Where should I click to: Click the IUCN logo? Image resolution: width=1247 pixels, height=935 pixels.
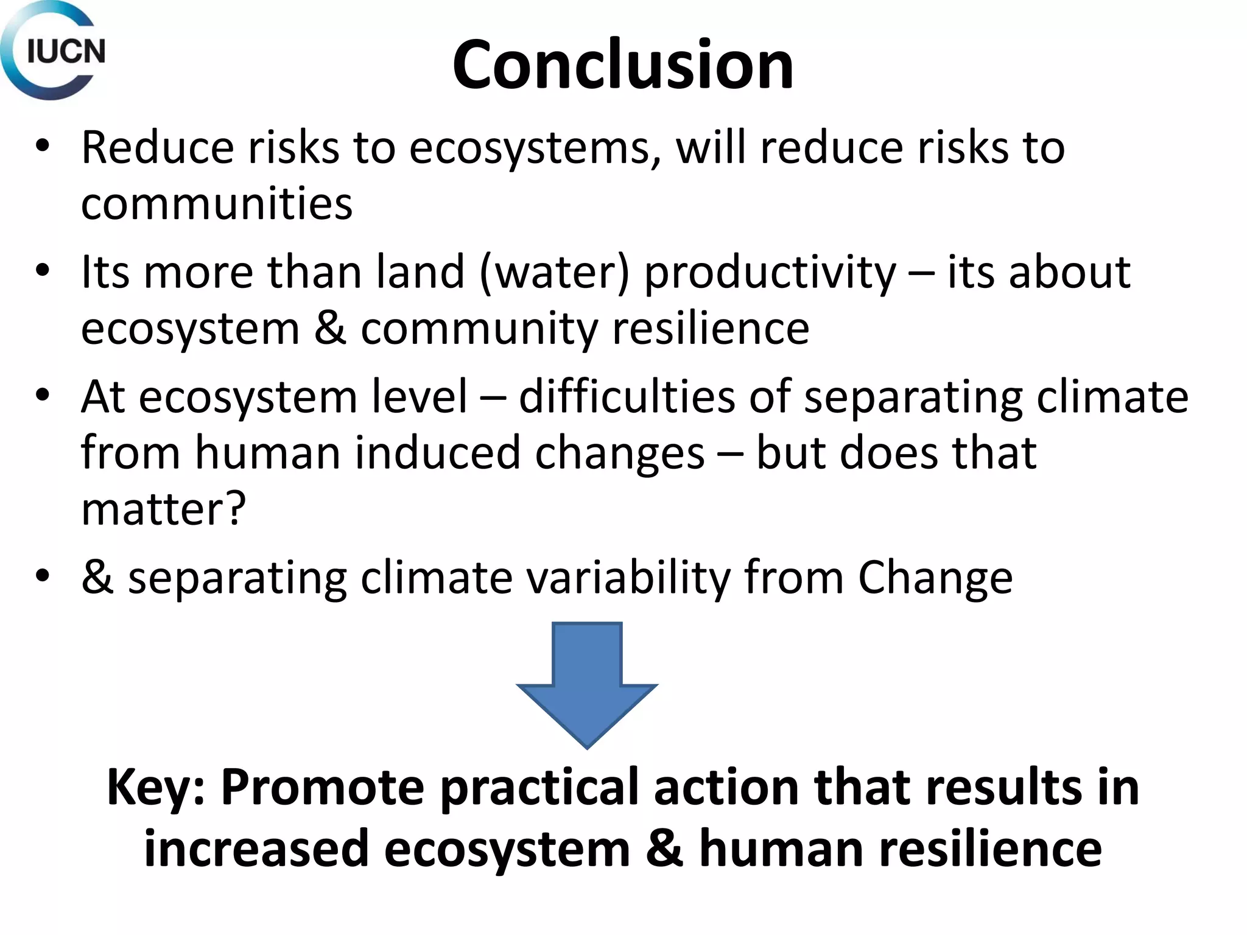[54, 51]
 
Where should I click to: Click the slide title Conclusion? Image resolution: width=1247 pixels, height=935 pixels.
[623, 65]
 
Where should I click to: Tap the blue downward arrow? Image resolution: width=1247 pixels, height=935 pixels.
[587, 684]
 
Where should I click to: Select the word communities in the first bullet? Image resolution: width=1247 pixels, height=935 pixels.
[217, 203]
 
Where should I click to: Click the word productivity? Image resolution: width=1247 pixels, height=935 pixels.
[770, 273]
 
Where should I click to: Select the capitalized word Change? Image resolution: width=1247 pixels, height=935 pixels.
[935, 578]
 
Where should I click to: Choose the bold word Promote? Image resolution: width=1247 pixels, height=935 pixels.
[322, 788]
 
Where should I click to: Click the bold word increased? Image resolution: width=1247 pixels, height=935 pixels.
[256, 849]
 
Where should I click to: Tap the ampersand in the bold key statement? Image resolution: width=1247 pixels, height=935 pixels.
[664, 849]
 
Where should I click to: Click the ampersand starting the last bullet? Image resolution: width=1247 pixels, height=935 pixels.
[97, 578]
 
